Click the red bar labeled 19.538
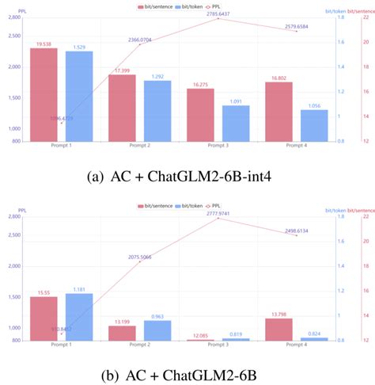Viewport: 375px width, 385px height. coord(44,95)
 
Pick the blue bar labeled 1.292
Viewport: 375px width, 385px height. coord(157,112)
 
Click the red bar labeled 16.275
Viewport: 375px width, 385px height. coord(200,115)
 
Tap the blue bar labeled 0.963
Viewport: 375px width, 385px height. coord(157,330)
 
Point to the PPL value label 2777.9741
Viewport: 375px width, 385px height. coord(219,213)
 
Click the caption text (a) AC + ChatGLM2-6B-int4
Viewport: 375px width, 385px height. coord(187,175)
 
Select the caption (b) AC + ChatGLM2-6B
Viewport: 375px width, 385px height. coord(187,374)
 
